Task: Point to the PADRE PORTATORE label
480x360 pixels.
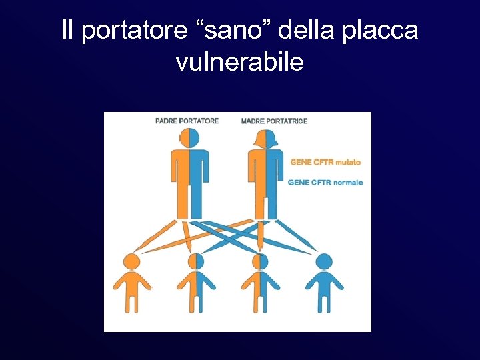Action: point(187,121)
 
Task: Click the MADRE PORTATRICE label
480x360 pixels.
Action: point(274,121)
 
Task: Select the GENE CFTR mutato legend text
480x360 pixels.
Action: point(325,162)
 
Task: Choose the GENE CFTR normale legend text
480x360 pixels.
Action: point(325,182)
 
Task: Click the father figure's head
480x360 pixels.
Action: point(189,137)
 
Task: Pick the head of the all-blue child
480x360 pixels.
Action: point(325,261)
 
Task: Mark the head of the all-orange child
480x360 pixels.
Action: point(131,261)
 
